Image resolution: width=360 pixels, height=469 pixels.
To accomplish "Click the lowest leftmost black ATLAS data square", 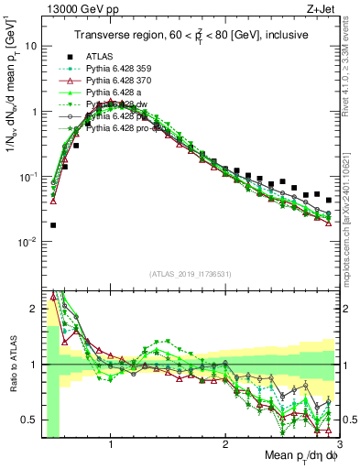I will pyautogui.click(x=53, y=224).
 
